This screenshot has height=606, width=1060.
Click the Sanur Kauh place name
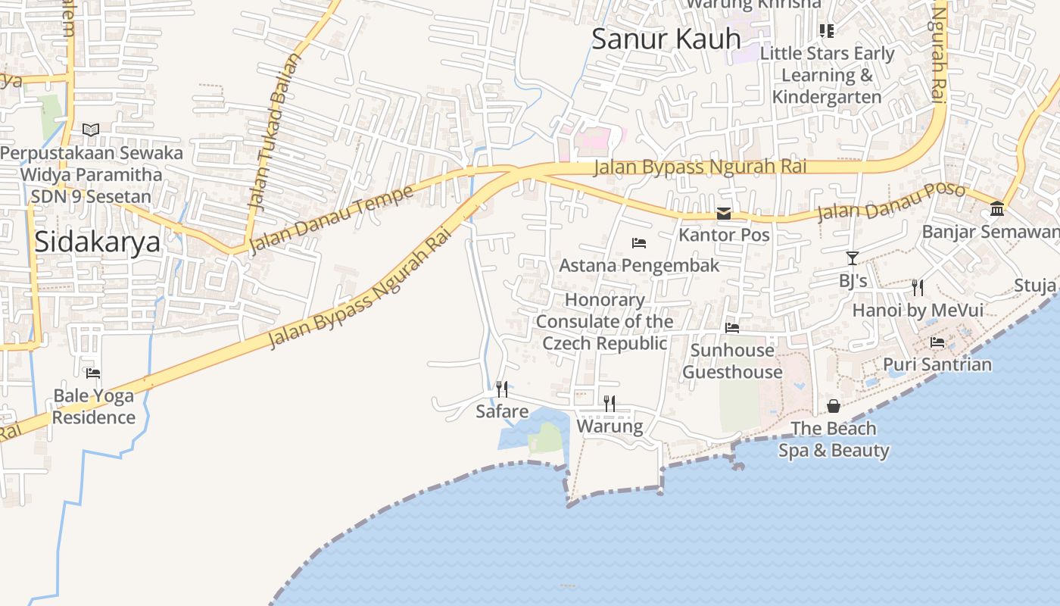click(x=666, y=39)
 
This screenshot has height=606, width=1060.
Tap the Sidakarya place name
click(x=98, y=242)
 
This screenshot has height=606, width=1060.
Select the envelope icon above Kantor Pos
click(x=724, y=214)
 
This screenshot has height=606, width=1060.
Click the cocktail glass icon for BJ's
click(x=853, y=258)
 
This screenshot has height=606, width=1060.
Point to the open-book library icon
click(x=91, y=130)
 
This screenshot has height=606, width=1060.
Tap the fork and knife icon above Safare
click(x=502, y=389)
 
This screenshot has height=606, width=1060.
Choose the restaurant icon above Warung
click(x=609, y=403)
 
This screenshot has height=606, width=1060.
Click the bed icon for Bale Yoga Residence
click(x=93, y=373)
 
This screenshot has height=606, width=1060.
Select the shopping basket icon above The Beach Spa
click(x=834, y=406)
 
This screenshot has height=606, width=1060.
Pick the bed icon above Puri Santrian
click(x=937, y=342)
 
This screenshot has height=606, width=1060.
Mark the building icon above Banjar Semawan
click(x=997, y=209)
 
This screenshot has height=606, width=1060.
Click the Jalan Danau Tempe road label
click(x=332, y=218)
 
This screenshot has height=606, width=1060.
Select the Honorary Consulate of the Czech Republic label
click(x=604, y=321)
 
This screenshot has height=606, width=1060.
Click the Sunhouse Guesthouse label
click(x=732, y=361)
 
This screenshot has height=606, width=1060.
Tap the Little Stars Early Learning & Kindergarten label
click(x=827, y=75)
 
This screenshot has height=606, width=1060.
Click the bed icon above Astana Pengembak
click(x=639, y=243)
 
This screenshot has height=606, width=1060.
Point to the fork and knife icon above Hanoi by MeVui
click(x=918, y=287)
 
